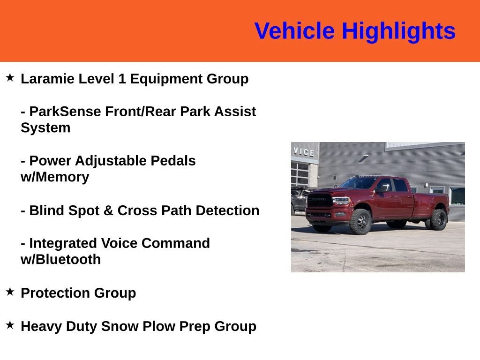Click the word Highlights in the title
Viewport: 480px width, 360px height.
[x=398, y=31]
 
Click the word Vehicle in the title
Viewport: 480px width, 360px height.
[x=294, y=31]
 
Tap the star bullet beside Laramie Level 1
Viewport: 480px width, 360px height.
[x=10, y=77]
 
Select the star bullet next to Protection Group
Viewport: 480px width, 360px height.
[x=10, y=292]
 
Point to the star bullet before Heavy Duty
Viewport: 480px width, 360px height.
[x=10, y=324]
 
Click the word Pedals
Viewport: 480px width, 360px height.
[x=173, y=161]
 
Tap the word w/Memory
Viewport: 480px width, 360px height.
[x=54, y=177]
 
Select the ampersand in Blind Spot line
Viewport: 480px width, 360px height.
[x=108, y=210]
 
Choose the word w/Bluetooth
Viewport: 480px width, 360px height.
[x=60, y=260]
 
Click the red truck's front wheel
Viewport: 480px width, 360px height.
[x=360, y=221]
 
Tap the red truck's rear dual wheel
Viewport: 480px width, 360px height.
[x=438, y=220]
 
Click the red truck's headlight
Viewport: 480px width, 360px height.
[x=342, y=201]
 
